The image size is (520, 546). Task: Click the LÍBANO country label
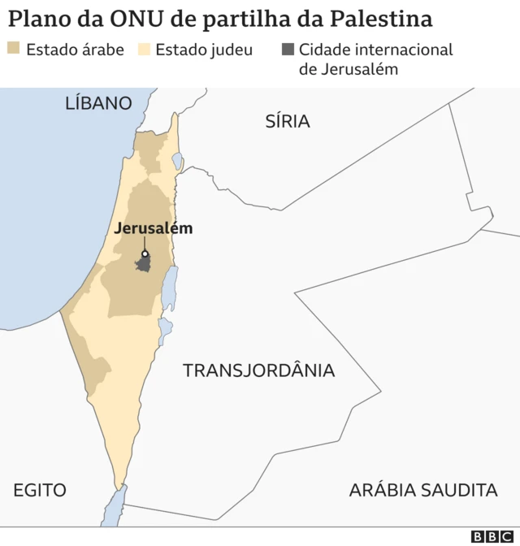pyautogui.click(x=98, y=103)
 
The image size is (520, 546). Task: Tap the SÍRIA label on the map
pyautogui.click(x=288, y=122)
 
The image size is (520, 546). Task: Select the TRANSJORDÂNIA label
pyautogui.click(x=258, y=370)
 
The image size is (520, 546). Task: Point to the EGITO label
pyautogui.click(x=40, y=490)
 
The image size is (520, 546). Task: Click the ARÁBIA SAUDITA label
pyautogui.click(x=422, y=490)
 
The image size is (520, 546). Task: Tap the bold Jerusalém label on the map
pyautogui.click(x=154, y=228)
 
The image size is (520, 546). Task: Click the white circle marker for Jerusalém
pyautogui.click(x=145, y=253)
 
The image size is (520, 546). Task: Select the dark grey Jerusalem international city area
pyautogui.click(x=143, y=265)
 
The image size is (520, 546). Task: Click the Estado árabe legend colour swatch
pyautogui.click(x=14, y=50)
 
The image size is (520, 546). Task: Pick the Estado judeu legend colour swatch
pyautogui.click(x=144, y=50)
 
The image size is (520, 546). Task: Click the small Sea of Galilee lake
pyautogui.click(x=177, y=161)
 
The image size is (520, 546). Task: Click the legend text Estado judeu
pyautogui.click(x=204, y=50)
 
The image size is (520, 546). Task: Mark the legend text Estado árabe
pyautogui.click(x=75, y=50)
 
